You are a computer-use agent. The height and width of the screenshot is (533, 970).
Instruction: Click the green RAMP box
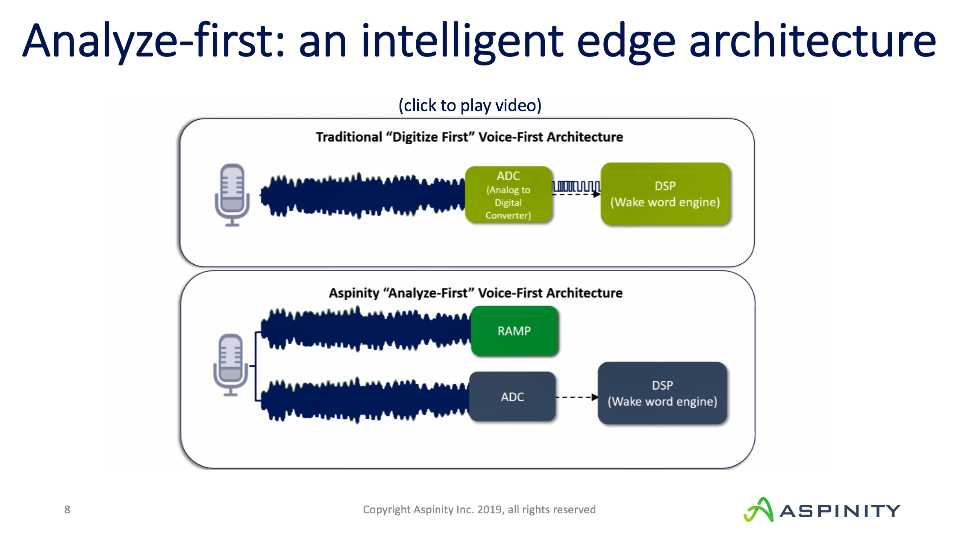coord(514,331)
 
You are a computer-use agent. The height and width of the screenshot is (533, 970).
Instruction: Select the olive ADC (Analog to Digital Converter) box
coord(509,195)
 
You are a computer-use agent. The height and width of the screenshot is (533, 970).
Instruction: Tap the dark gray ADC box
coord(512,397)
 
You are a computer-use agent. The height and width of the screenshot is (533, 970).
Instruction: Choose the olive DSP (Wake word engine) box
coord(665,194)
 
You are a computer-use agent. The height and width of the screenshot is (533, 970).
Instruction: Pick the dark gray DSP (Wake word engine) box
coord(662,393)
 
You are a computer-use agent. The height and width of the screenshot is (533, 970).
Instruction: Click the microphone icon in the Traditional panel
coord(232,195)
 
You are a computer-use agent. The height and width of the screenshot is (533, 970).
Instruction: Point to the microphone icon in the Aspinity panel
coord(231,364)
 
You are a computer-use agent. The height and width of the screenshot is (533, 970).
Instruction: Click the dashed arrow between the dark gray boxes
coord(576,397)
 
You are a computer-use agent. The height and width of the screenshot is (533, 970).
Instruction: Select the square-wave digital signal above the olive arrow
coord(576,187)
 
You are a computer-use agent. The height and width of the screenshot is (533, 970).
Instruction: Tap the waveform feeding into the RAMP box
coord(365,329)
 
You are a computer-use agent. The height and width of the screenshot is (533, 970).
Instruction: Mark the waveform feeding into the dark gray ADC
coord(365,400)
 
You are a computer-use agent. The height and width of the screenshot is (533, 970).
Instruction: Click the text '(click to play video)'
coord(470,105)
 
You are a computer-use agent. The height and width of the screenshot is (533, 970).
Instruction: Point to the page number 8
coord(67,509)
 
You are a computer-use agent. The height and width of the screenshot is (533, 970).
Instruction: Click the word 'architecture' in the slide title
coord(812,41)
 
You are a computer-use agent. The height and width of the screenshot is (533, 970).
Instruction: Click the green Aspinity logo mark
coord(758,510)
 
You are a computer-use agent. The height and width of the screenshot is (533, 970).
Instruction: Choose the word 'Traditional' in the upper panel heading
coord(349,137)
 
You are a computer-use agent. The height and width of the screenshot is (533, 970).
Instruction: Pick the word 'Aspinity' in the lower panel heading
coord(354,293)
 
